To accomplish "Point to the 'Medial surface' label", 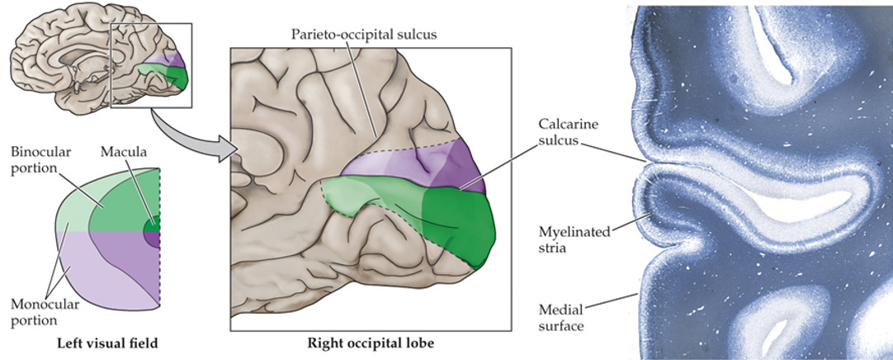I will (x=561, y=317).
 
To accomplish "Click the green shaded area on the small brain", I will (x=165, y=77).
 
